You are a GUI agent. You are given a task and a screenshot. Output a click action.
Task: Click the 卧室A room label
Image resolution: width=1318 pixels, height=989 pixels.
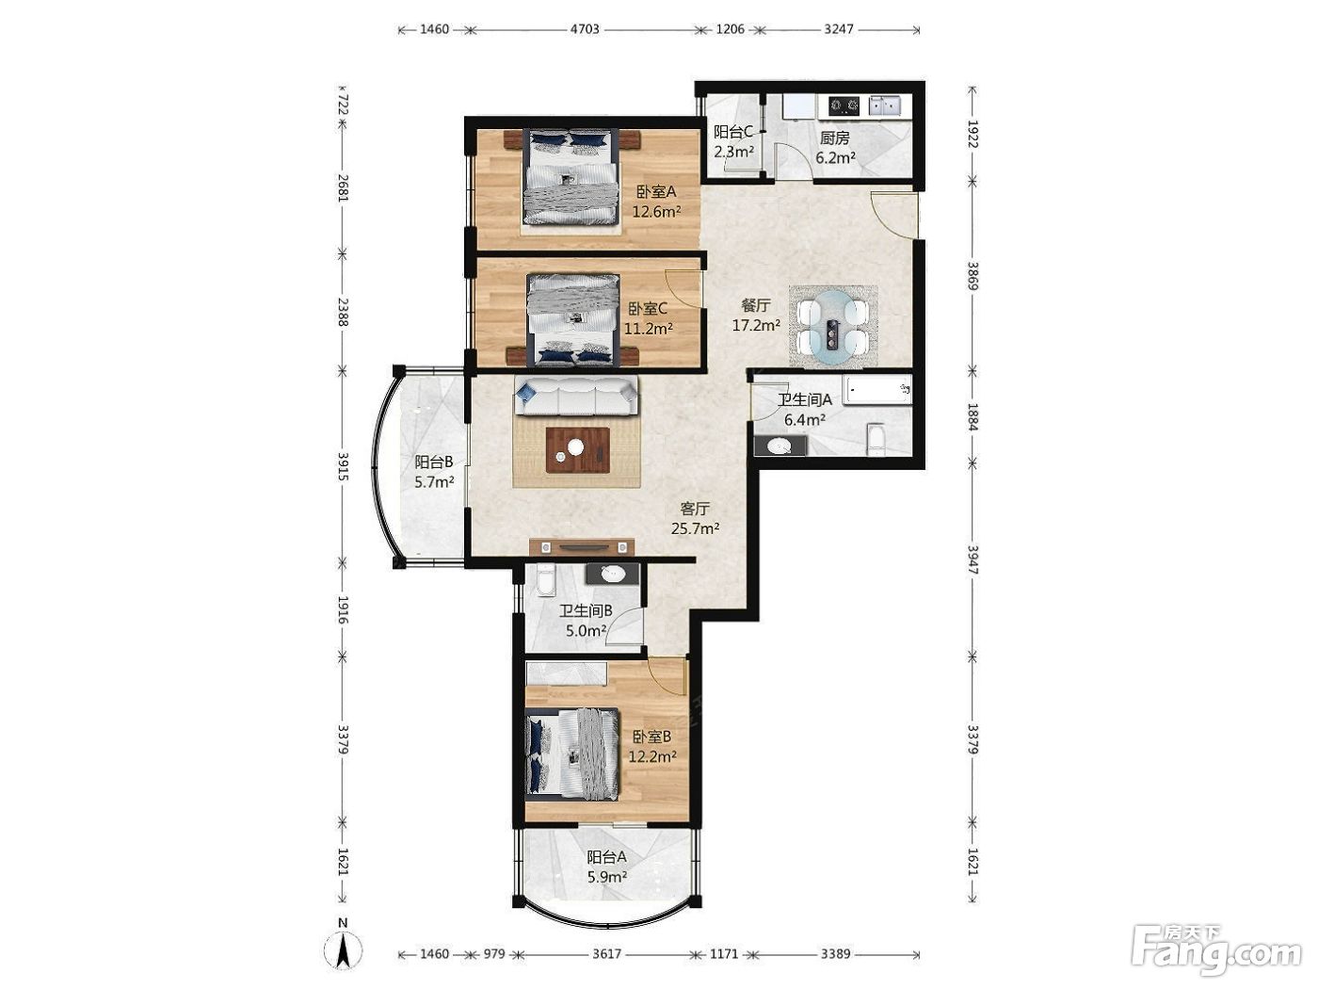tap(656, 191)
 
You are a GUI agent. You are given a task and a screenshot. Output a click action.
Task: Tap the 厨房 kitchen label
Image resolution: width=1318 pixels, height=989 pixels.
tap(835, 138)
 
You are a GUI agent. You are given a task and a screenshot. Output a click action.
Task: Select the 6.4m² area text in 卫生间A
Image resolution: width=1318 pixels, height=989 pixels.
tap(805, 420)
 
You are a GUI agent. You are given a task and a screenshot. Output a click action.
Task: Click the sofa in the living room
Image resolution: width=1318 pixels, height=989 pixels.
tap(576, 396)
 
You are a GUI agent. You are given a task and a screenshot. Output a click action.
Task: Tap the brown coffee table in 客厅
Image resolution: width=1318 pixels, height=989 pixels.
tap(578, 450)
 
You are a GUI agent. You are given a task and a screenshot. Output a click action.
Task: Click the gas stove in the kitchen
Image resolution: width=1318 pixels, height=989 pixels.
tap(844, 106)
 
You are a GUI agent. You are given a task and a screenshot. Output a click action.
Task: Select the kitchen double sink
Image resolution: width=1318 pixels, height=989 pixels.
tap(884, 105)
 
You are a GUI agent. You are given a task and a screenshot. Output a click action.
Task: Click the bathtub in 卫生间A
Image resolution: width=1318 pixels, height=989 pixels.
tap(877, 390)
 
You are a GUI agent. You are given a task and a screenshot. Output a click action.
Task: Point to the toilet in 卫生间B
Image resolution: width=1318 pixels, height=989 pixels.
tap(546, 580)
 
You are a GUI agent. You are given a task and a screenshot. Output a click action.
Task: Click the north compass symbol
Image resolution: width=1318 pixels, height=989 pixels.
tap(343, 950)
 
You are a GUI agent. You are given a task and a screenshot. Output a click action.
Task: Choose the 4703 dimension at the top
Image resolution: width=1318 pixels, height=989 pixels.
tap(585, 29)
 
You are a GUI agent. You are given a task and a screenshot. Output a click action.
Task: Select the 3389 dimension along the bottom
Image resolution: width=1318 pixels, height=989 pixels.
tap(835, 953)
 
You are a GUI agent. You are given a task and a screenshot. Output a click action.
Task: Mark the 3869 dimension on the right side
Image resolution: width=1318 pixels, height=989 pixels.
tap(972, 276)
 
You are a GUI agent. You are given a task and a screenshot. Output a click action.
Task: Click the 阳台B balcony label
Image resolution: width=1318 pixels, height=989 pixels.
tap(434, 462)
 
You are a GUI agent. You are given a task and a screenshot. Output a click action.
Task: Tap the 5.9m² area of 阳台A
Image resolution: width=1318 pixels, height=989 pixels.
tap(607, 877)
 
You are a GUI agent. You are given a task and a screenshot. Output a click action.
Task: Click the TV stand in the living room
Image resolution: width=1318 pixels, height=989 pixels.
tap(582, 546)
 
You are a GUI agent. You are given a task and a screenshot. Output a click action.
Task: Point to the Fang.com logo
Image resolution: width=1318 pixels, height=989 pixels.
tap(1216, 952)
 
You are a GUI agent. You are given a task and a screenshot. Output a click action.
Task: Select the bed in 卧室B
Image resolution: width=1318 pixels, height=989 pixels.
tap(572, 754)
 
